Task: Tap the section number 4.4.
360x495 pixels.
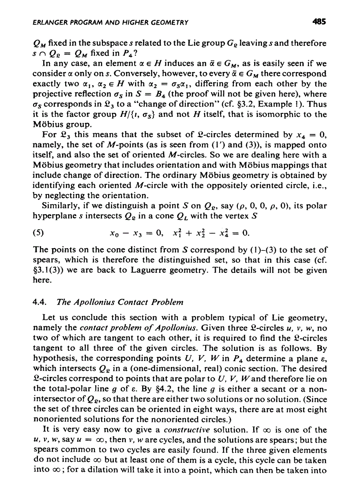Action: coord(40,302)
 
